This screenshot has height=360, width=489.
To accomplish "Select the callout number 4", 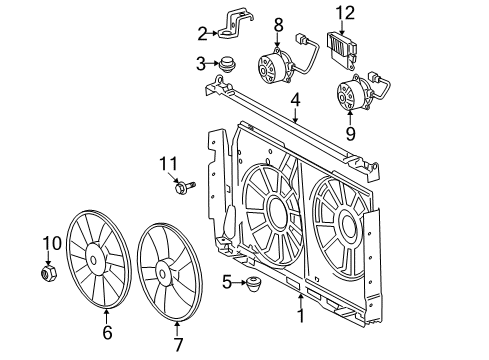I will (295, 101).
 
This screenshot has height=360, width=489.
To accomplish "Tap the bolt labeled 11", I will (186, 185).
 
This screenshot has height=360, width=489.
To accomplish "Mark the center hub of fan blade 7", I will (160, 270).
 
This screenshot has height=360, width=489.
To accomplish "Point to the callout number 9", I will (349, 131).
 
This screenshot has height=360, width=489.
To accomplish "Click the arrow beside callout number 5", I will (238, 282).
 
